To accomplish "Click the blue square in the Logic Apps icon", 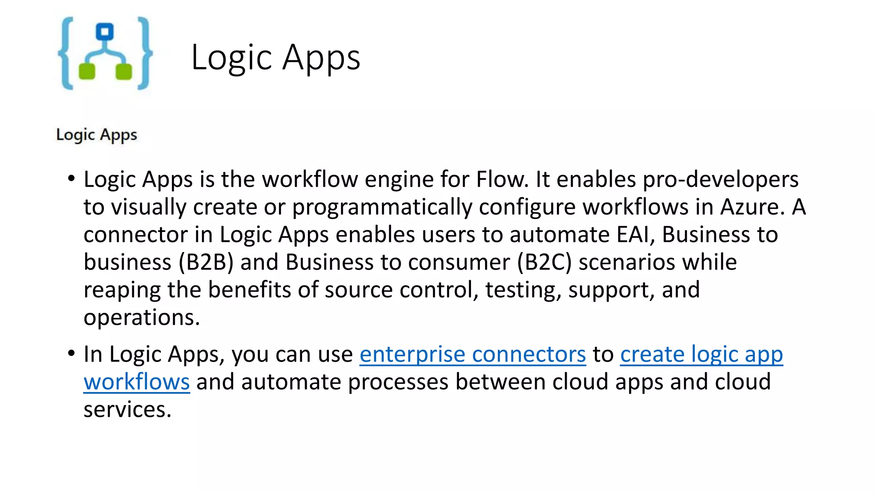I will point(105,32).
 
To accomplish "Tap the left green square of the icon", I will point(87,71).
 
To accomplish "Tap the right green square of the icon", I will point(124,71).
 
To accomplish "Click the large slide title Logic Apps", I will point(275,57).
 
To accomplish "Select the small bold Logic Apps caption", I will point(97,135).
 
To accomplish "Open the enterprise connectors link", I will point(473,354).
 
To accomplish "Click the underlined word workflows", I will point(136,382).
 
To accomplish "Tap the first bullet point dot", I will point(71,178).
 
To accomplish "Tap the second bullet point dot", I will point(71,353).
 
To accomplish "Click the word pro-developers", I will point(721,179).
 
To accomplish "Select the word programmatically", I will point(382,207).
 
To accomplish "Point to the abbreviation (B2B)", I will point(206,262).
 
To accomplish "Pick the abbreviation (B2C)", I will point(544,262).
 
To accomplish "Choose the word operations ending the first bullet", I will point(142,318).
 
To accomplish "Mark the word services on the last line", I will point(127,410).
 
